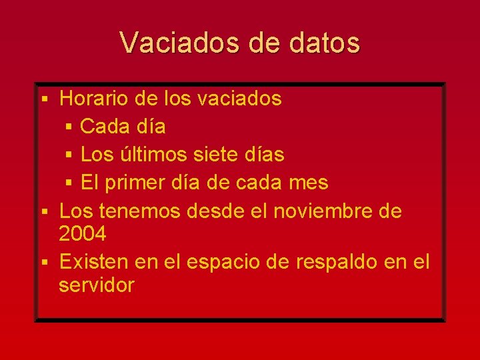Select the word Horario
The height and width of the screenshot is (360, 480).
click(94, 99)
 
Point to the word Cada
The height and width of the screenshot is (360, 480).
click(104, 126)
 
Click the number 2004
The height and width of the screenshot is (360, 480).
click(82, 234)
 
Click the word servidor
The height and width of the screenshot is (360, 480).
click(97, 285)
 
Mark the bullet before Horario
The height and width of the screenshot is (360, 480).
click(44, 99)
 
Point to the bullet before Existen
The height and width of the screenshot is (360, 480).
click(44, 263)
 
